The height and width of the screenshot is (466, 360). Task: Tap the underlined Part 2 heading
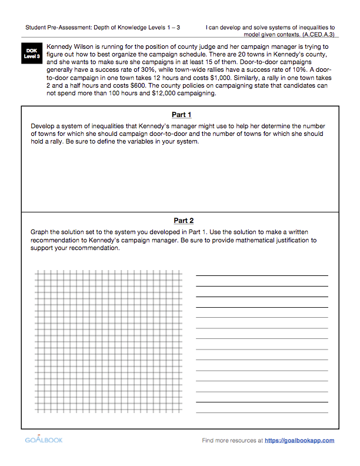[x=184, y=221]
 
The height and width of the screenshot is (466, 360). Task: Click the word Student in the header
[x=36, y=27]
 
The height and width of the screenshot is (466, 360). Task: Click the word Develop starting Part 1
[x=42, y=126]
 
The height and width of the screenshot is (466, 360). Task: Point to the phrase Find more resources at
[x=232, y=440]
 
